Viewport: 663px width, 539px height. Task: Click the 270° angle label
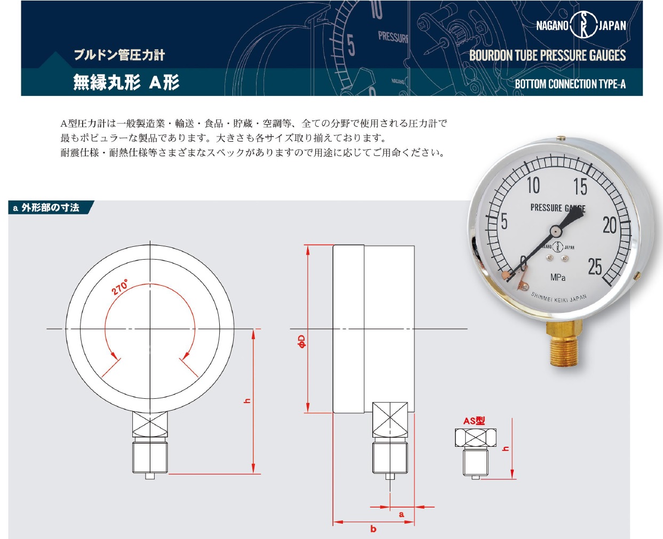pos(120,287)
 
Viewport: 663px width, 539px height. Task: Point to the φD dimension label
pos(302,341)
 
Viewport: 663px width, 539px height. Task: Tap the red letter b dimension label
pos(373,528)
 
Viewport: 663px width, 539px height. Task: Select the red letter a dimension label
pos(402,514)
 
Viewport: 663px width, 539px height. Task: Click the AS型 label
pos(474,421)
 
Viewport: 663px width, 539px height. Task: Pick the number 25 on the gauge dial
pos(595,267)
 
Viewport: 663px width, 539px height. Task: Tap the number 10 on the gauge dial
pos(533,186)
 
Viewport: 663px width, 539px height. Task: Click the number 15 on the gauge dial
pos(580,187)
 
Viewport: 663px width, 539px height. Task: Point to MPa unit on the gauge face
pos(558,278)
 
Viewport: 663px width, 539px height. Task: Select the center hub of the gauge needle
pos(556,231)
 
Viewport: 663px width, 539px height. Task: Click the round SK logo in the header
pos(584,25)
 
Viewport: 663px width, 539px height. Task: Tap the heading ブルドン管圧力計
pos(119,55)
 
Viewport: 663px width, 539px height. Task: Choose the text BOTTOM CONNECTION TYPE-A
pos(570,84)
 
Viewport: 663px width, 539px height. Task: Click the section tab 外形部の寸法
pos(51,207)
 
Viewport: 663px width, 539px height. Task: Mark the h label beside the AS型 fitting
pos(506,448)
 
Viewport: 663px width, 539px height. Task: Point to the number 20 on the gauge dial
pos(610,225)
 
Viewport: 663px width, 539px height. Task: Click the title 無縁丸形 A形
pos(126,83)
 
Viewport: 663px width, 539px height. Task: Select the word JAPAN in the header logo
pos(612,26)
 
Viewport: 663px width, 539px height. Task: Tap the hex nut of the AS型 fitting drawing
pos(476,438)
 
